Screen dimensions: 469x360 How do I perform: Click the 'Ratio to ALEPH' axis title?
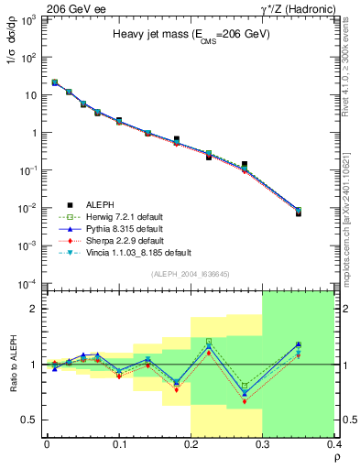coord(11,364)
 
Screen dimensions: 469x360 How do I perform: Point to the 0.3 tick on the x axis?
coord(263,446)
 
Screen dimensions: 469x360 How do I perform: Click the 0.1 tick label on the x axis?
coord(119,446)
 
